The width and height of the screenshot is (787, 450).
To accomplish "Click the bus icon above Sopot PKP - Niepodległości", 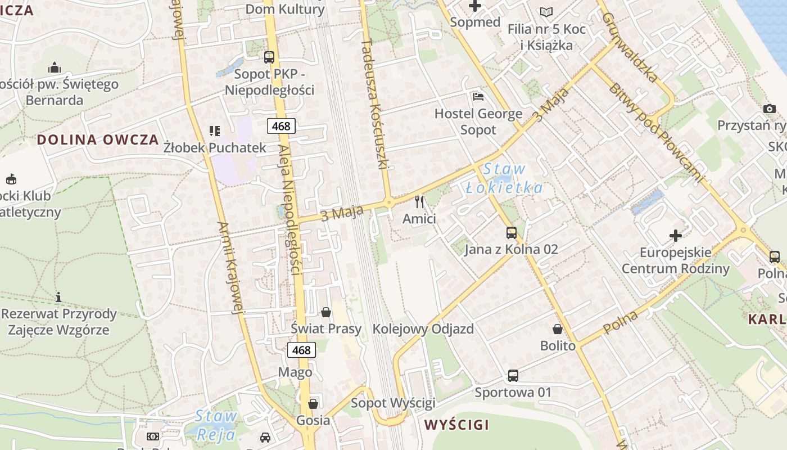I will (x=269, y=57).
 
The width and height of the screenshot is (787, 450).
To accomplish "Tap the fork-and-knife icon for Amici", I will (x=419, y=201).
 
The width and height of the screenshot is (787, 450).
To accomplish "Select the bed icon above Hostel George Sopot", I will (x=478, y=97).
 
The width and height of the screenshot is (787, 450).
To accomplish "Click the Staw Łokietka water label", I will (x=504, y=178).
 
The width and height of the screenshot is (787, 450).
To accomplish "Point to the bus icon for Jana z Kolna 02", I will (x=512, y=232).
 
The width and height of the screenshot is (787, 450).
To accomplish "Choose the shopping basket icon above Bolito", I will (x=558, y=329).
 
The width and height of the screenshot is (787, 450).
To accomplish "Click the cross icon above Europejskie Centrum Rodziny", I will (x=676, y=235).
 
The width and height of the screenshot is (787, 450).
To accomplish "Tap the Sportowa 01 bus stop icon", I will (x=513, y=375).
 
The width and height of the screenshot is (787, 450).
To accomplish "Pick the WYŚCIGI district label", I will (x=456, y=425).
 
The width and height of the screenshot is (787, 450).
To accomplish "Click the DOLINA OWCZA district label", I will (x=98, y=140).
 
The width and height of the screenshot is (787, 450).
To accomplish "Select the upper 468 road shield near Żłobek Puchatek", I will (x=281, y=126).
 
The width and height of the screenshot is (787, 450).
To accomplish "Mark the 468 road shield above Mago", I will (x=301, y=350).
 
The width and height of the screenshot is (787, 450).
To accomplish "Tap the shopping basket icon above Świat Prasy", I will (x=326, y=312).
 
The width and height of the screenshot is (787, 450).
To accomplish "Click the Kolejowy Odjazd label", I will (x=423, y=329).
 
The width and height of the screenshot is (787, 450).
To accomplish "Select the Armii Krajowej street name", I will (x=231, y=267).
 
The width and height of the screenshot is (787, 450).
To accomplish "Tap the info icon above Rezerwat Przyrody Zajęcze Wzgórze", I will (x=58, y=296).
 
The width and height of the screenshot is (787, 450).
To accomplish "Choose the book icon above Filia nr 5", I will (x=546, y=12).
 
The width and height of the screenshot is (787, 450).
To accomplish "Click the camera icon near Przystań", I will (x=770, y=109).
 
